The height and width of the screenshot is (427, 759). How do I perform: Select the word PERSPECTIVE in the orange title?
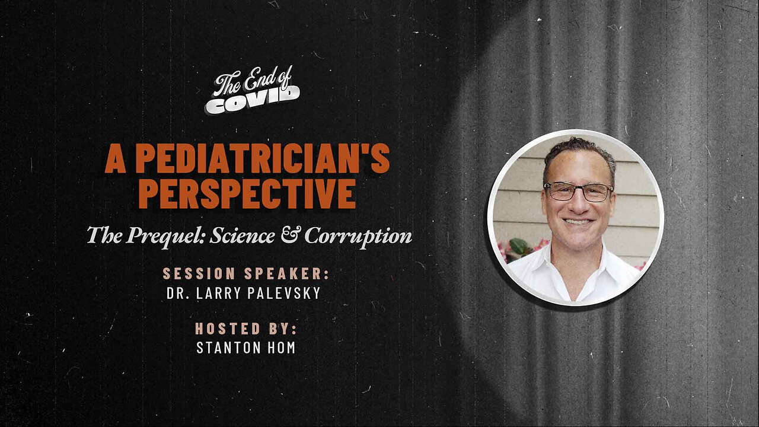pos(247,194)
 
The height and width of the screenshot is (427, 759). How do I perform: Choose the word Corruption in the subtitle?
pos(358,235)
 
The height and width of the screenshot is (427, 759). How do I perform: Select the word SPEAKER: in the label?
pos(287,273)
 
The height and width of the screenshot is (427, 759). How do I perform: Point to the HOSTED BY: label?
pos(246,329)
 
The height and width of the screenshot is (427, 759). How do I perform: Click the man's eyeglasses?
pos(578,192)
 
